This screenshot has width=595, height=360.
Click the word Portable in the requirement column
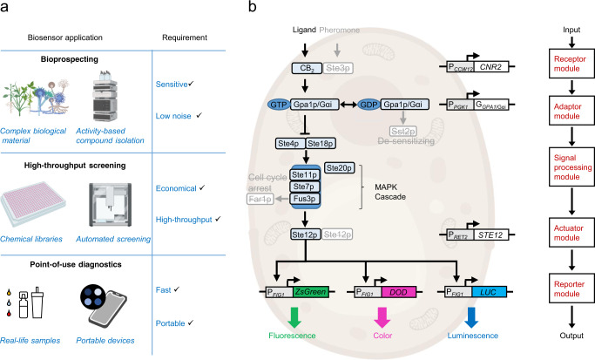[174, 323]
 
